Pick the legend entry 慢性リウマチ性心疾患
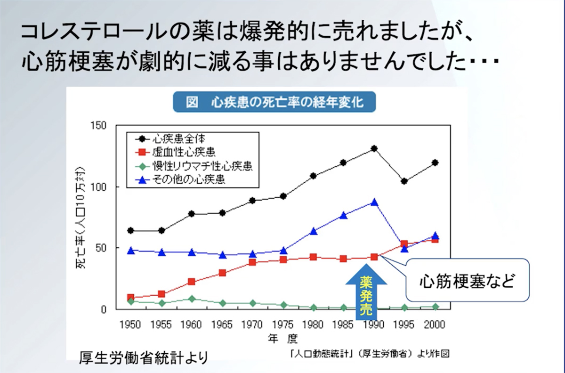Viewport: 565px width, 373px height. click(x=202, y=166)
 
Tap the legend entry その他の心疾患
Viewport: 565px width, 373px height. click(x=189, y=180)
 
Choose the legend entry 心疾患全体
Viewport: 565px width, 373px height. click(x=179, y=138)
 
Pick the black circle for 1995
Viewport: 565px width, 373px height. click(x=404, y=181)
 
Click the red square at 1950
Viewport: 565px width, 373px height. click(x=130, y=298)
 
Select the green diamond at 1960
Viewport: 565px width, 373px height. click(x=192, y=299)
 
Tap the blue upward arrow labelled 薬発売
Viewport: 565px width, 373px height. click(x=366, y=291)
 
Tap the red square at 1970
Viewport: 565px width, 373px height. click(x=252, y=262)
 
